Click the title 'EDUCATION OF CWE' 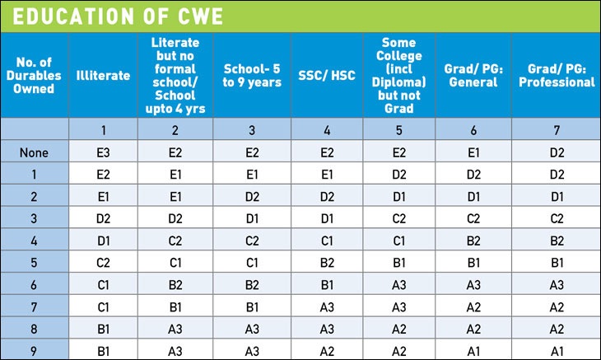(110, 16)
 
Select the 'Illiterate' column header (103, 76)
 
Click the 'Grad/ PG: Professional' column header (557, 76)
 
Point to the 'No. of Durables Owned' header (35, 76)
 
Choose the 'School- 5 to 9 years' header (253, 76)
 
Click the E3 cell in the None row (103, 152)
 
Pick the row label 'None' (35, 152)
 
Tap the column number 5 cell (399, 129)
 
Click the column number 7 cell (557, 129)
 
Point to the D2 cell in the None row (557, 152)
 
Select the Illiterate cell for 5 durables (103, 262)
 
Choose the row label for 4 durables (35, 240)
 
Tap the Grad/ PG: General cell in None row (473, 152)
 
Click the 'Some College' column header (399, 76)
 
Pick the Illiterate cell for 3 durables (103, 218)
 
